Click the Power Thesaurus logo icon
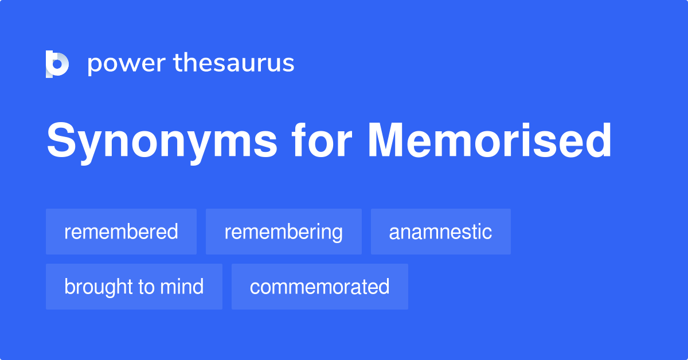coord(57,64)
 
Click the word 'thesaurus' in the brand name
coord(234,63)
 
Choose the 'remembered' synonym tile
coord(121,232)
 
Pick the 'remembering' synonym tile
coord(283,232)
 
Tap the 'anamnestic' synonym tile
coord(440,232)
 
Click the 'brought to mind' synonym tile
coord(134,287)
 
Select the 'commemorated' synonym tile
coord(319,287)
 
